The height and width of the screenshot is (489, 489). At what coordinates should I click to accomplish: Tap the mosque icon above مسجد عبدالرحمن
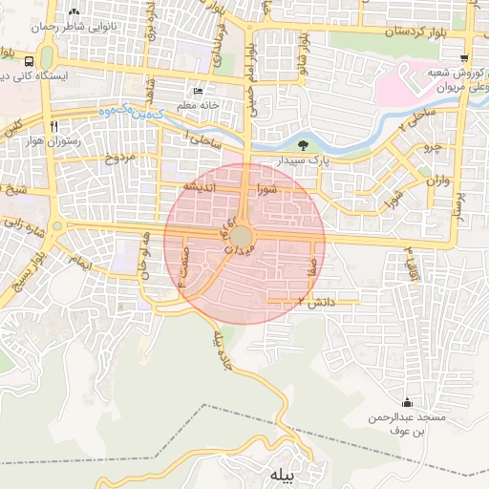pos(409,403)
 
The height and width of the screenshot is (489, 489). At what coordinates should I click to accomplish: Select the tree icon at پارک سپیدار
pos(302,146)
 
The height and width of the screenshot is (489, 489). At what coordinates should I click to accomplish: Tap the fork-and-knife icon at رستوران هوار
pos(54,125)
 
